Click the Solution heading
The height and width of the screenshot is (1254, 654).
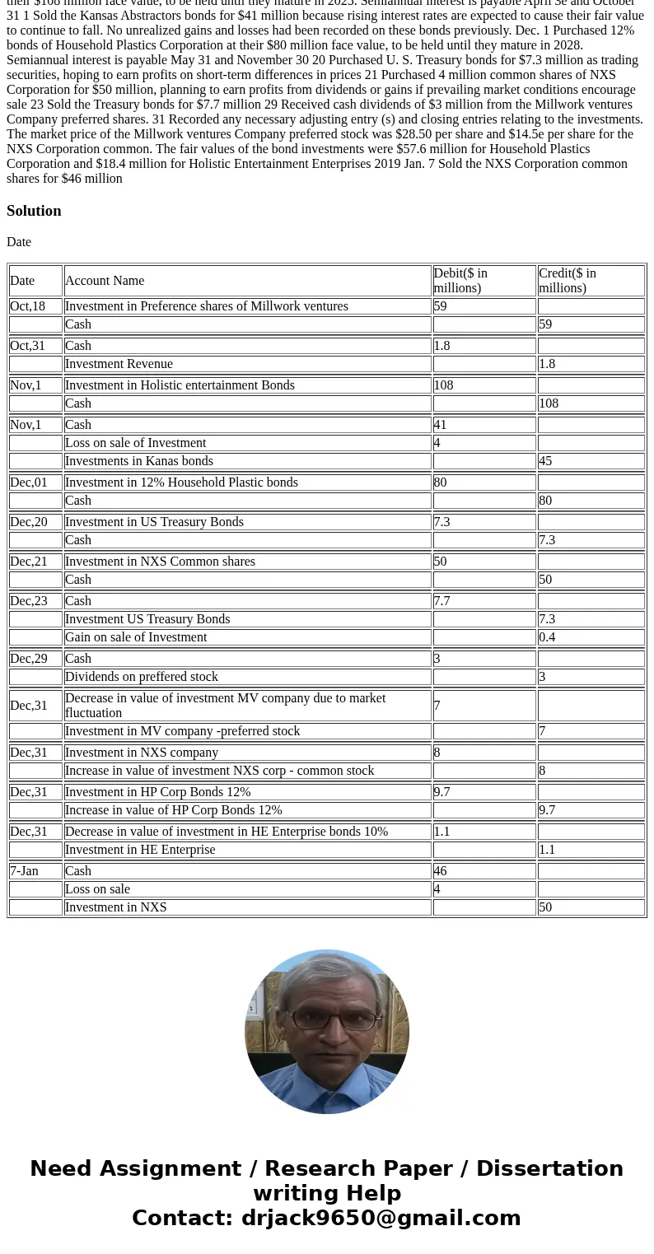tap(34, 211)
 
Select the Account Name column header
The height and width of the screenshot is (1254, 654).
tap(105, 281)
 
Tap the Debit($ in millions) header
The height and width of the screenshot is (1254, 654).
tap(460, 281)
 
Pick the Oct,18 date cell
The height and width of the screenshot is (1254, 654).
tap(27, 306)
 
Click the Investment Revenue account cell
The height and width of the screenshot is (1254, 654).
tap(119, 364)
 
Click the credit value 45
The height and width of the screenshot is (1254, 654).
tap(545, 461)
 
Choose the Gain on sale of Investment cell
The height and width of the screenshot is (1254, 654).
tap(136, 637)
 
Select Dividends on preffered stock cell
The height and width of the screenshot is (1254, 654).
tap(141, 677)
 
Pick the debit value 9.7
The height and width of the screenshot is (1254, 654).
tap(442, 792)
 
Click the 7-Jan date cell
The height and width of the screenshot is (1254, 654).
tap(24, 871)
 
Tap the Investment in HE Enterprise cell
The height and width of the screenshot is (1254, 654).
tap(139, 850)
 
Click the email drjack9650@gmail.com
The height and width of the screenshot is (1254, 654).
tap(381, 1219)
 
